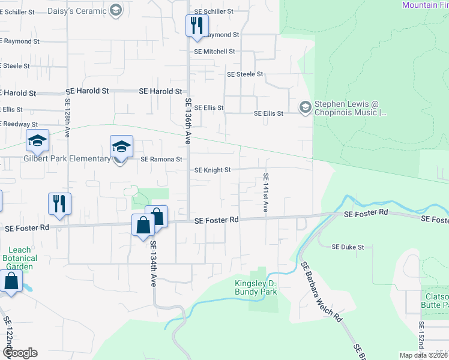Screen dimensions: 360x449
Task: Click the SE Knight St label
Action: (x=212, y=170)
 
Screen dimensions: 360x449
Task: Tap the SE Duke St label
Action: (x=348, y=247)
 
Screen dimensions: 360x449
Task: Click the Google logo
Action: (x=20, y=353)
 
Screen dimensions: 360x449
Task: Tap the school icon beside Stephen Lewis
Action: (x=305, y=107)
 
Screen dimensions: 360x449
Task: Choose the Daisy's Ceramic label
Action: (x=80, y=10)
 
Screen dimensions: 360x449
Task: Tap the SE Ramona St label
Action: (x=161, y=160)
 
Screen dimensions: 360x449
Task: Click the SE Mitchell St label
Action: (x=214, y=52)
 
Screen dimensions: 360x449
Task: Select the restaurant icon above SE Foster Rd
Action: (x=59, y=203)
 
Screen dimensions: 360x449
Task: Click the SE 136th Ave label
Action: (x=188, y=121)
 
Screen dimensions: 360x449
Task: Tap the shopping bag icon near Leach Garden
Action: (x=11, y=280)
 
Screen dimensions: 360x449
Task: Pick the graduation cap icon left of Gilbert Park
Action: (x=37, y=140)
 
